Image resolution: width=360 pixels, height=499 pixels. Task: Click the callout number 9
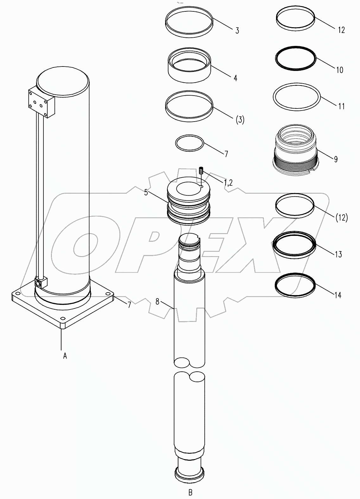click(335, 159)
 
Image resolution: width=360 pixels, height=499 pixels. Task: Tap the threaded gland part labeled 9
click(295, 149)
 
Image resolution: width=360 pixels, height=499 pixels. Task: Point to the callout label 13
click(338, 254)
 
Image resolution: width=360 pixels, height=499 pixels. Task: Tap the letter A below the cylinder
click(65, 356)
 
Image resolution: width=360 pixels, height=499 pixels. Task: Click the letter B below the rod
click(190, 492)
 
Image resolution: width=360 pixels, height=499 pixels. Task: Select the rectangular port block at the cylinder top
click(42, 102)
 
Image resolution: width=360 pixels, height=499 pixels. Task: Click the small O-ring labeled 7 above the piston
click(189, 143)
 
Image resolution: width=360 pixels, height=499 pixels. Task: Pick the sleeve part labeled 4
click(189, 68)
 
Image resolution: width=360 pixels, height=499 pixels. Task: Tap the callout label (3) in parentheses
click(240, 120)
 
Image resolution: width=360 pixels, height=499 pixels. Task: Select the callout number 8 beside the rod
click(157, 302)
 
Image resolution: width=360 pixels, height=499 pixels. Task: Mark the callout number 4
click(235, 78)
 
